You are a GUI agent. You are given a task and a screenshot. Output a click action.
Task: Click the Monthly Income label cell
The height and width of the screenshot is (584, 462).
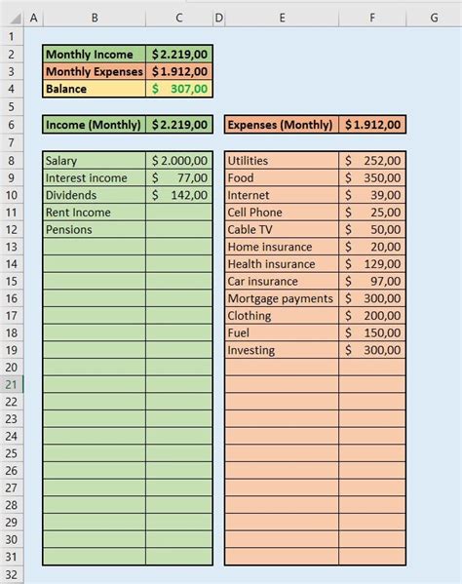(x=95, y=55)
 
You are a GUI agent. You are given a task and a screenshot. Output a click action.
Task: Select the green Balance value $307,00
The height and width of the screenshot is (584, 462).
(x=179, y=89)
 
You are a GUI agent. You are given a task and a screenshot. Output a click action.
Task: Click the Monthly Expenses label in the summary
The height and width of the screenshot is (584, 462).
(x=95, y=71)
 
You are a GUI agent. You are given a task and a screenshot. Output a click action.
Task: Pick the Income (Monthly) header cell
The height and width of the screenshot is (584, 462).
(x=95, y=124)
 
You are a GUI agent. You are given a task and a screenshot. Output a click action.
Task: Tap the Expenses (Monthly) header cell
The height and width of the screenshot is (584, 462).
(x=282, y=124)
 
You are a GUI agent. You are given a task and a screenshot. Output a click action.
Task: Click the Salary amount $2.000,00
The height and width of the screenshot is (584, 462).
(x=179, y=161)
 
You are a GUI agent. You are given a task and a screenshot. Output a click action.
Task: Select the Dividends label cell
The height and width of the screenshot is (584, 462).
(x=95, y=195)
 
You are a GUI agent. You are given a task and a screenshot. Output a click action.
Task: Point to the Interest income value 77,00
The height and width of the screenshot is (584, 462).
(x=179, y=177)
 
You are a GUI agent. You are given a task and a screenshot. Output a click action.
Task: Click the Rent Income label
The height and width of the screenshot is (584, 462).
(x=95, y=213)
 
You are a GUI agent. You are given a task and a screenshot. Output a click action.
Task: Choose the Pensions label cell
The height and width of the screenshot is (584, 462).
(x=95, y=229)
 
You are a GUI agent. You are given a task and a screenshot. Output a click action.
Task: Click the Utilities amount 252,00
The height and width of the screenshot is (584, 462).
(x=372, y=161)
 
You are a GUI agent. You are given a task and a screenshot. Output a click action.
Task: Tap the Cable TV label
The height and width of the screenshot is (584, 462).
(x=282, y=229)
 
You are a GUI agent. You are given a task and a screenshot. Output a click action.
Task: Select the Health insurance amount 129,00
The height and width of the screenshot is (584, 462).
(x=372, y=264)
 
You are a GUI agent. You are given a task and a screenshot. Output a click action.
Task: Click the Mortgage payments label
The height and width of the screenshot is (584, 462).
(x=282, y=298)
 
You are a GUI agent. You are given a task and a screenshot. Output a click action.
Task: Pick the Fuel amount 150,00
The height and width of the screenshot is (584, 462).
(x=372, y=332)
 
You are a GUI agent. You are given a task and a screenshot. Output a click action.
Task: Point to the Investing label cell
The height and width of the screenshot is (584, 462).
(x=282, y=350)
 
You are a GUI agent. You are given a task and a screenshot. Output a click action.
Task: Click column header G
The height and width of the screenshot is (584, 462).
(x=434, y=18)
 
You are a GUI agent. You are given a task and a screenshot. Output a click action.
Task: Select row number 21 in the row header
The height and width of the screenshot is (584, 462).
(x=12, y=384)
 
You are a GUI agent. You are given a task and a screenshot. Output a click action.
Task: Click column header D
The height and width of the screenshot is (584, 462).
(x=218, y=18)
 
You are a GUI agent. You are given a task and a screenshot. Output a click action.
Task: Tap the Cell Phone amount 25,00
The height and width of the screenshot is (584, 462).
(x=372, y=213)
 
